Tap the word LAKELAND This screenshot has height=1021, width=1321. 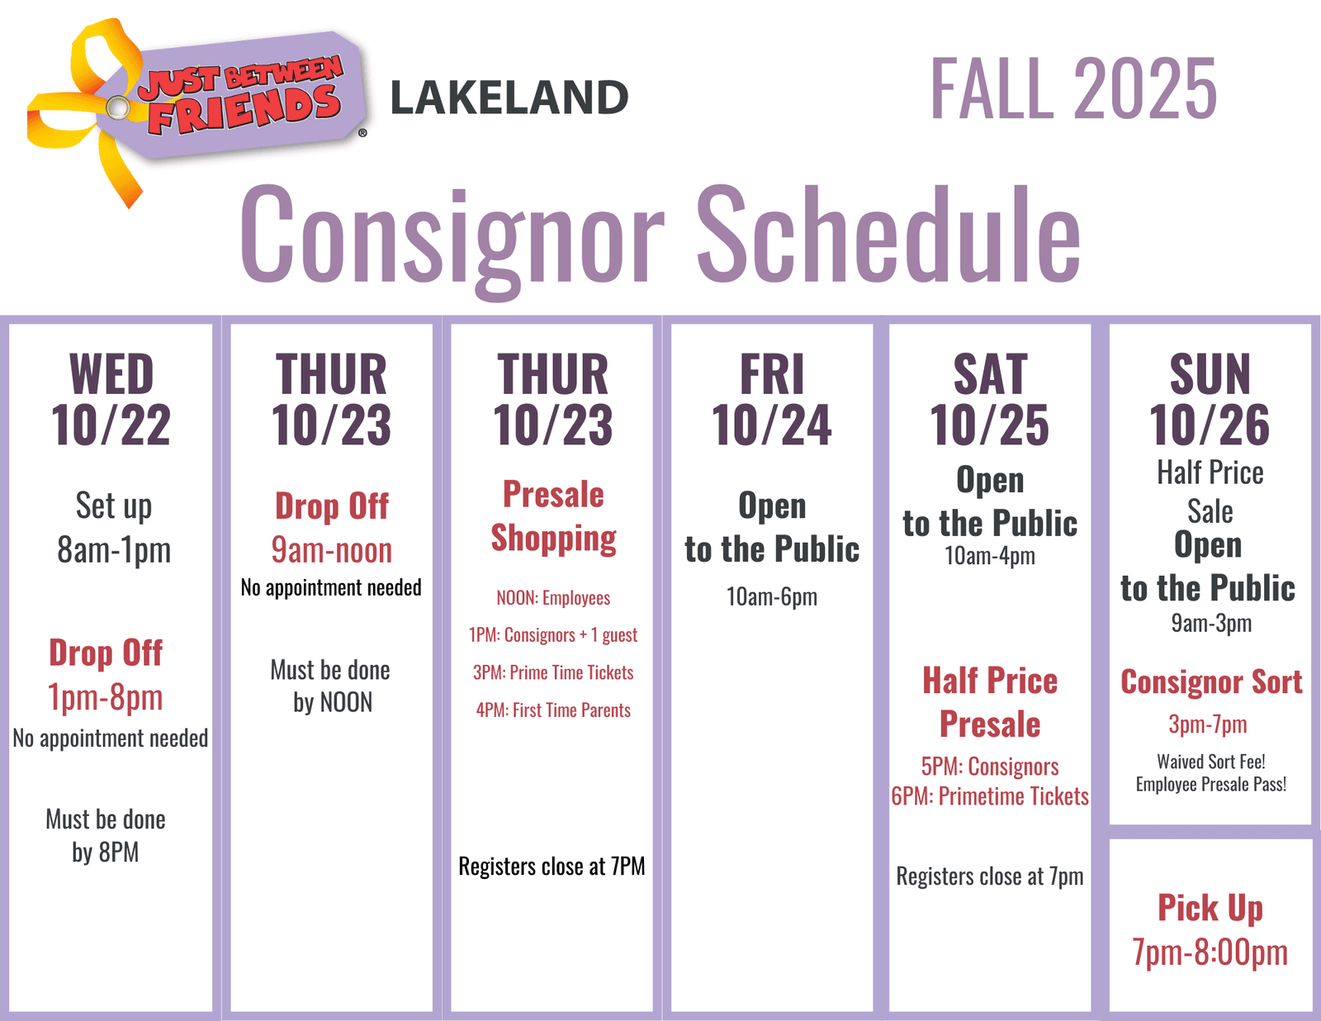click(x=509, y=98)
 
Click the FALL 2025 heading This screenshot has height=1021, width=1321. click(x=1073, y=88)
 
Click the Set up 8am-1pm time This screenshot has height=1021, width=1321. click(x=114, y=528)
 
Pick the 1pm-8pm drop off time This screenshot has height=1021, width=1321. click(x=105, y=697)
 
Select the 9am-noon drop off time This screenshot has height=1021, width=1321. click(x=331, y=550)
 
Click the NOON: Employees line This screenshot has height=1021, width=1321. click(x=553, y=598)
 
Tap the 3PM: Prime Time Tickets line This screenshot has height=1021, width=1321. click(x=553, y=672)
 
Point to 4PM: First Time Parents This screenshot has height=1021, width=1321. click(x=553, y=710)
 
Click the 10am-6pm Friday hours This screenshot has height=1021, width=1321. click(x=771, y=597)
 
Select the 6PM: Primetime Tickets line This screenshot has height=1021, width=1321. click(x=990, y=796)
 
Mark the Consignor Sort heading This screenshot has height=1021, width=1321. click(x=1211, y=681)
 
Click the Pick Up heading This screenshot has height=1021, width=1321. click(x=1210, y=909)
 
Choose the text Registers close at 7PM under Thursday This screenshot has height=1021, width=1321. click(x=552, y=867)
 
